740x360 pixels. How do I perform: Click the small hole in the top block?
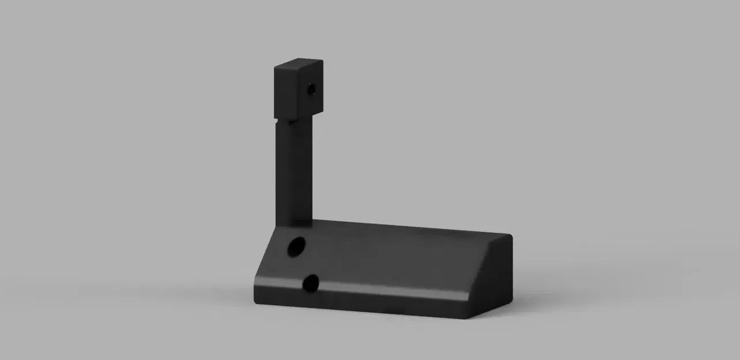311,90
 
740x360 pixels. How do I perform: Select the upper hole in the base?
296,247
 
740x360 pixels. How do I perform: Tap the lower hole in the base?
311,283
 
